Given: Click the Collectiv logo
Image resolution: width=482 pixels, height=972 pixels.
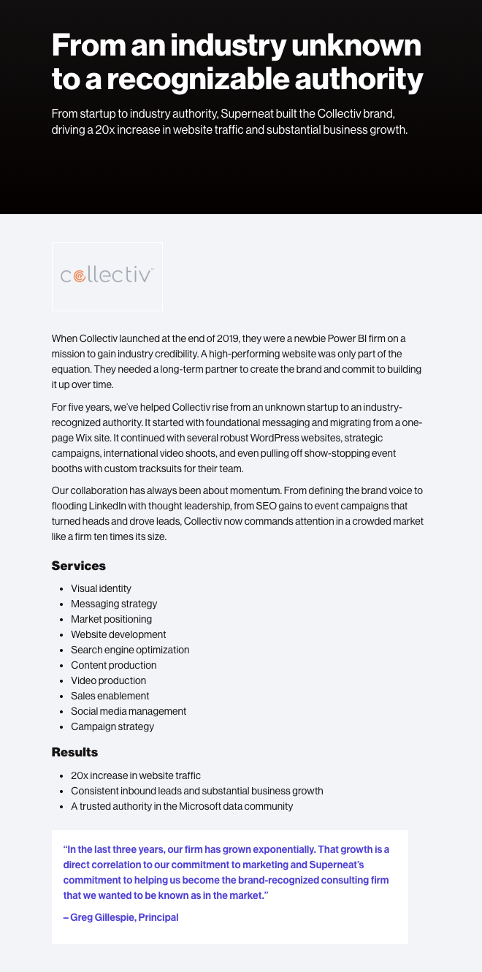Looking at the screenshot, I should point(107,276).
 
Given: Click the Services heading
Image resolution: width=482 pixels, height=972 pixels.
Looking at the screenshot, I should point(79,566).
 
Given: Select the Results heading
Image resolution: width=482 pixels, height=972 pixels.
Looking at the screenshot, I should point(74,752).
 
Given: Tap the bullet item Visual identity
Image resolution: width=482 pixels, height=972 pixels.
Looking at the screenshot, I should point(101,588).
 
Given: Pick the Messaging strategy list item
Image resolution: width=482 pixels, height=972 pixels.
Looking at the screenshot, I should point(114,604).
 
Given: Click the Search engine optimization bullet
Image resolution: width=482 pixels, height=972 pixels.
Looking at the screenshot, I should point(130,650).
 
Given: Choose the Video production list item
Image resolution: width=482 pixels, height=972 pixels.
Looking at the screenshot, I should point(108,680).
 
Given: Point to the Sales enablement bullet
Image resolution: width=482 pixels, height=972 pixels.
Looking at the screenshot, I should point(110,696).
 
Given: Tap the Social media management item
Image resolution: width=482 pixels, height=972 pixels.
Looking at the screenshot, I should point(129,711).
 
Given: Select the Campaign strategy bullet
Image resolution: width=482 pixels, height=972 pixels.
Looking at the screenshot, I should point(112,726).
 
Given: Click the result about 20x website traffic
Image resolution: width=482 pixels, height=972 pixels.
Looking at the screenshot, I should point(136,775).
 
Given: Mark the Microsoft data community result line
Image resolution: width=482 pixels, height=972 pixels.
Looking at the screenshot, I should point(182,806).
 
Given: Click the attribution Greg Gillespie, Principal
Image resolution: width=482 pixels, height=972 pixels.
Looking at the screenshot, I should point(121,917).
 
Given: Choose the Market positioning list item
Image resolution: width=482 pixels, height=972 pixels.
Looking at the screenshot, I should point(111,619).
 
